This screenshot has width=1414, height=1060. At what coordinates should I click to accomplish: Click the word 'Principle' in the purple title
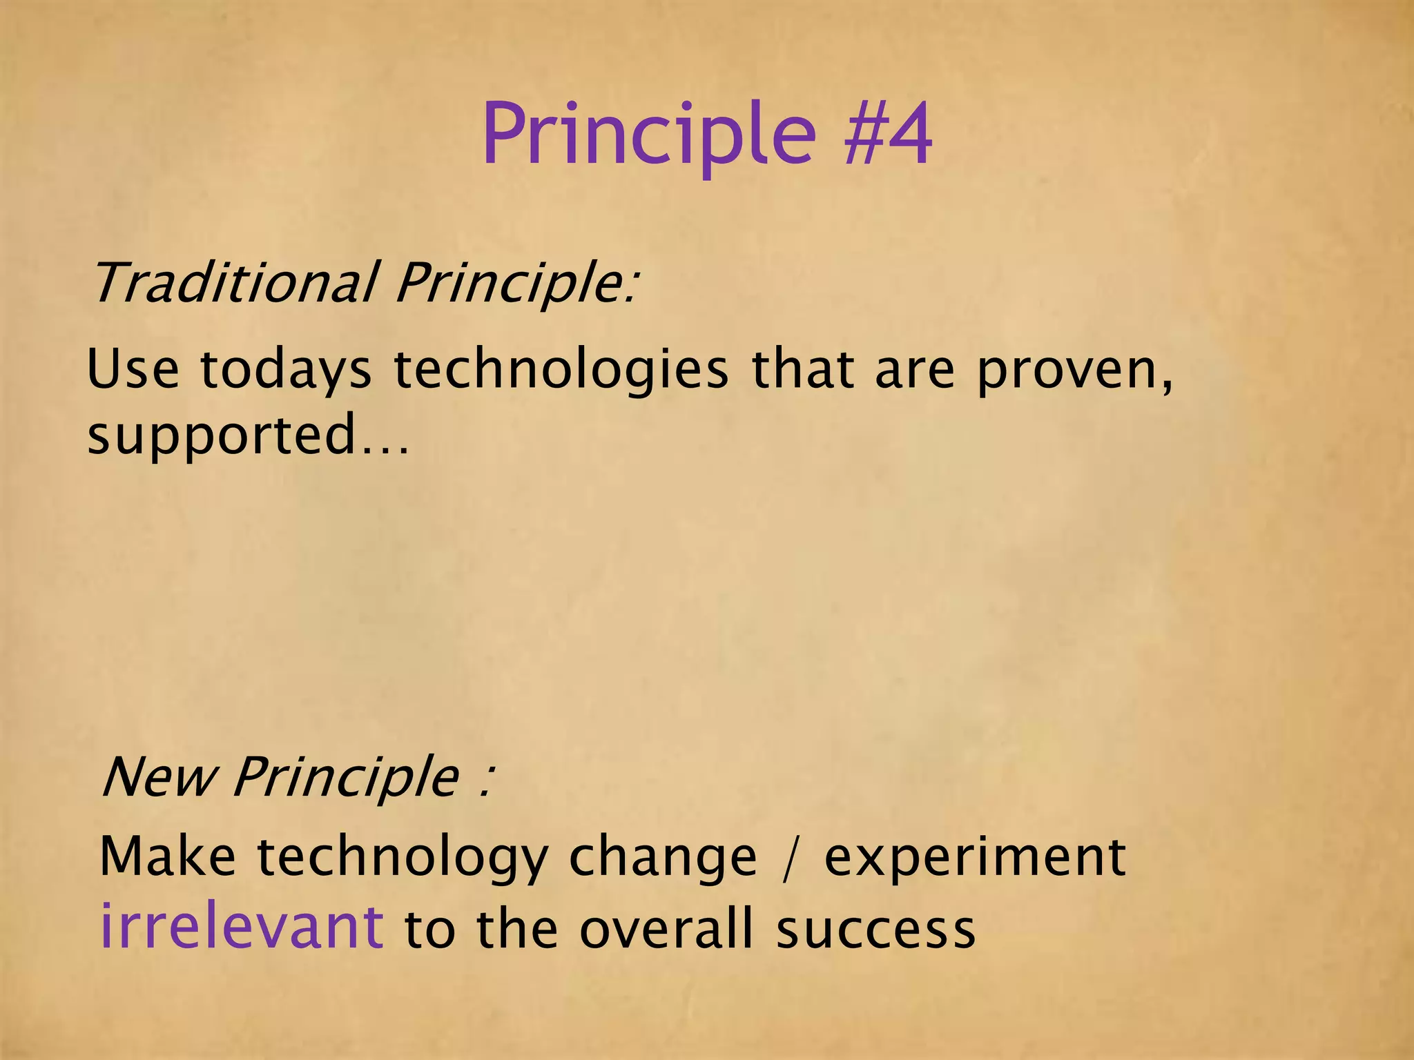649,135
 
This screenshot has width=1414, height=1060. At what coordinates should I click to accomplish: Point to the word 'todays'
285,371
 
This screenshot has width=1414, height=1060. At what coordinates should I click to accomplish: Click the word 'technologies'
561,371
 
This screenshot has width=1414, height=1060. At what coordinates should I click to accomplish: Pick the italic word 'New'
159,776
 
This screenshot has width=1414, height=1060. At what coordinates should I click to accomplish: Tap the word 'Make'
168,856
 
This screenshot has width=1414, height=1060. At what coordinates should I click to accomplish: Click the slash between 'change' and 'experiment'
790,858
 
